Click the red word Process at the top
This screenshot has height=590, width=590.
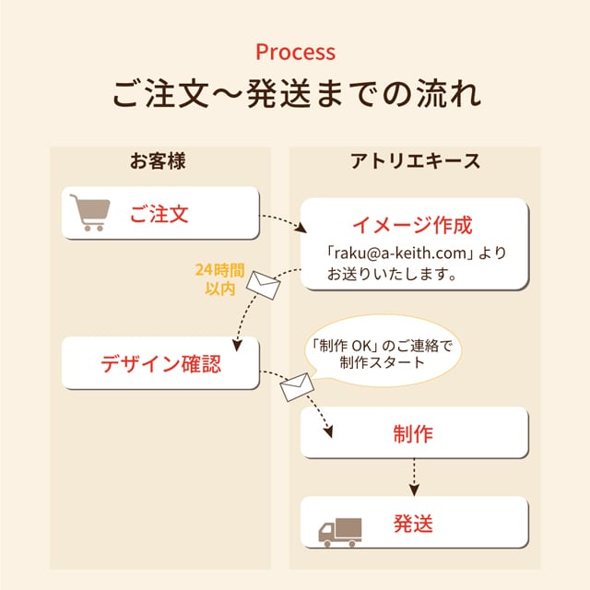pos(295,51)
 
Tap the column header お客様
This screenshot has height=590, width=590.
pos(158,161)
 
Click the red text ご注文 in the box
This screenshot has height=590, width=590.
pos(159,215)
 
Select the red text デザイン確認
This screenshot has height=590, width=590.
pos(160,362)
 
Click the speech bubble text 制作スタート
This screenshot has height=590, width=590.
pos(382,362)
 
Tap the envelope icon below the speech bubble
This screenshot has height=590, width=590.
pos(297,387)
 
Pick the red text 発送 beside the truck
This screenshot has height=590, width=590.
pos(413,525)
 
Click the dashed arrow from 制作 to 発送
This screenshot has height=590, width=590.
pos(414,476)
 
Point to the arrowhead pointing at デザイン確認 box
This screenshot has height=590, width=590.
pos(238,344)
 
